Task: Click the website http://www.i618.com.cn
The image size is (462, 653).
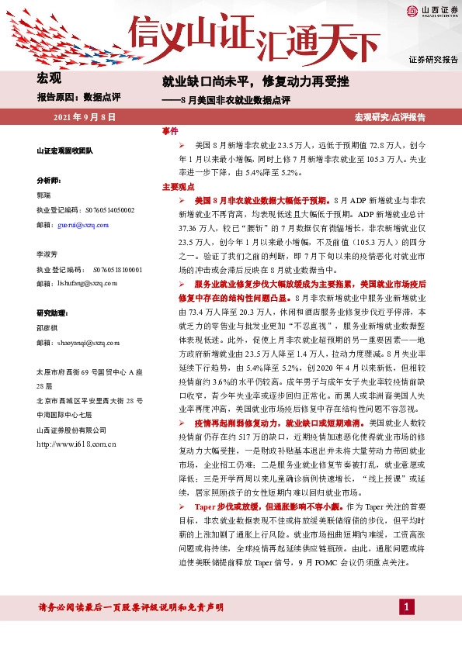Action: [x=76, y=444]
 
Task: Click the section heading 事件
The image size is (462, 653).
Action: [x=170, y=131]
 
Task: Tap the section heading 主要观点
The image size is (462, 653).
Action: [x=177, y=188]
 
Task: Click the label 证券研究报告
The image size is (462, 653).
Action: [x=433, y=60]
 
